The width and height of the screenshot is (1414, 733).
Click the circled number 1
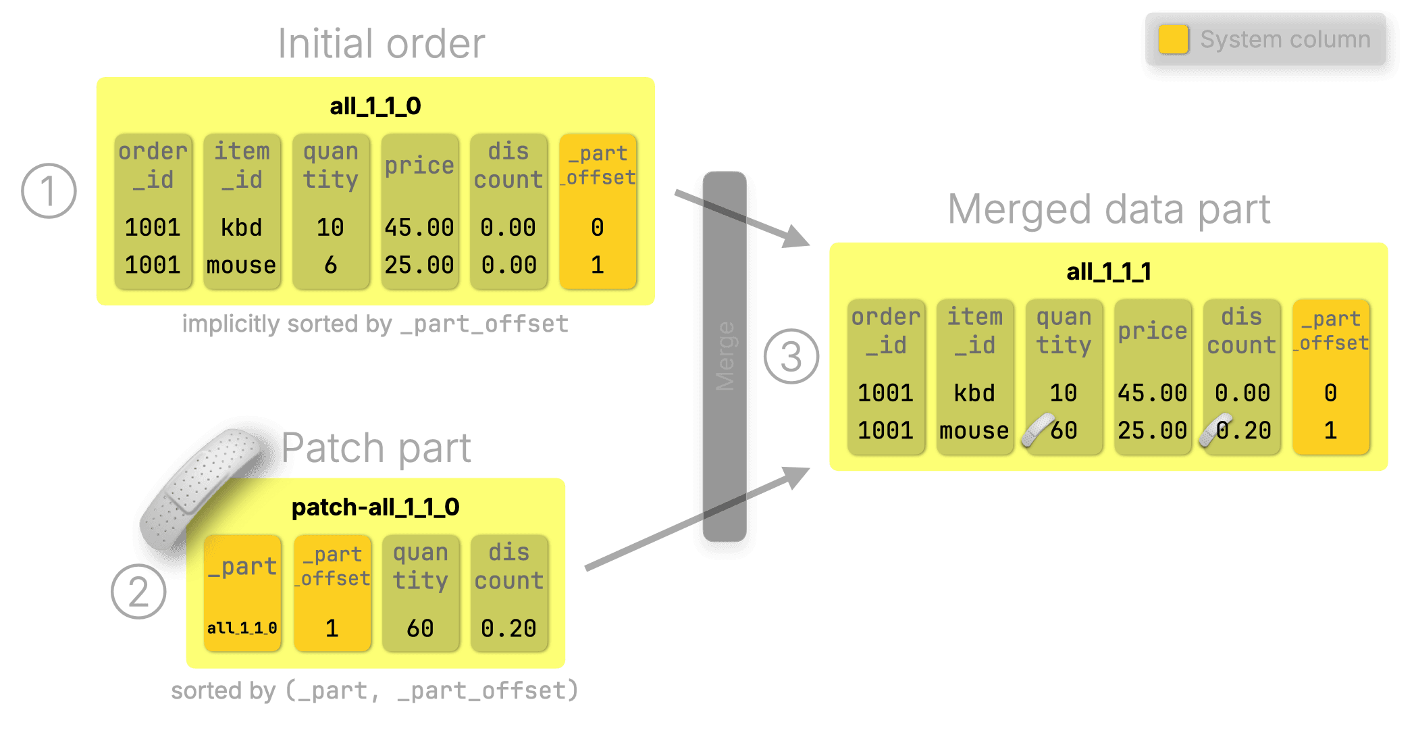pos(49,191)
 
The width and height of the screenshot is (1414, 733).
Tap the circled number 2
pos(138,592)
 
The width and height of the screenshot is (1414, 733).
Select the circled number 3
pos(791,356)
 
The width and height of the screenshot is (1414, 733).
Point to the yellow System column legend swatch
pos(1173,39)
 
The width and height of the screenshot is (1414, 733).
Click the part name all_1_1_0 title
pos(375,106)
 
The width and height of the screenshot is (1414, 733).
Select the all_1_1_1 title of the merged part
pos(1108,272)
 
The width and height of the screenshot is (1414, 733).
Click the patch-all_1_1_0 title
pos(375,507)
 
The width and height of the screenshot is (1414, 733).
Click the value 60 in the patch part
pos(420,628)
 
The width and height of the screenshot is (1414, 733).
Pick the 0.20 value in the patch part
pos(508,628)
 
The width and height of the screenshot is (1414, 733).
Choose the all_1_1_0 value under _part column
pos(242,628)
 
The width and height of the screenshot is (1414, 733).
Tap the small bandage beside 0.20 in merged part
pos(1214,430)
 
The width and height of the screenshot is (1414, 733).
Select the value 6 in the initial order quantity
pos(330,265)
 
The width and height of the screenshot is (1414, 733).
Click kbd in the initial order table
pos(241,228)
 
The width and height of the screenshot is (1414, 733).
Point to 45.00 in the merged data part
pos(1152,393)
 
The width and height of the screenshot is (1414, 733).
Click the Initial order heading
pos(382,44)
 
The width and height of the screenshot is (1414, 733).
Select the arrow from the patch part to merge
pos(696,520)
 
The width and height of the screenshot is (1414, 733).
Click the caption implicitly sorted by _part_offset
pos(375,324)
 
